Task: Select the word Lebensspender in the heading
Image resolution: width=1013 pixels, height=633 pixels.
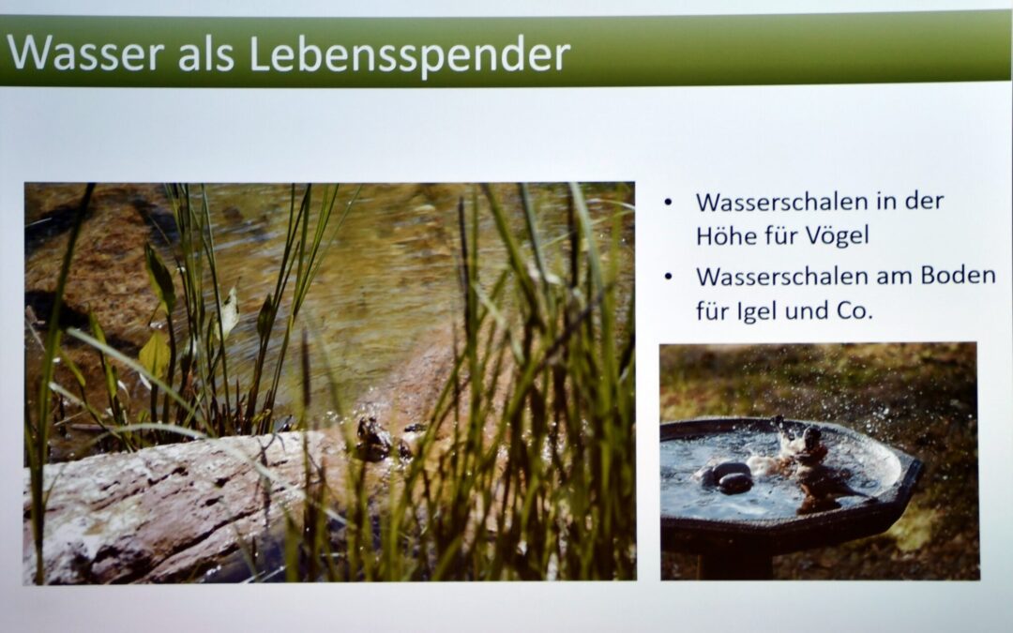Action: point(410,54)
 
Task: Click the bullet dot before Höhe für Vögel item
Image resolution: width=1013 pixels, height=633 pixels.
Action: point(668,203)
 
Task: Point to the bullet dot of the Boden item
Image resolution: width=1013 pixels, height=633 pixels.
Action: point(668,277)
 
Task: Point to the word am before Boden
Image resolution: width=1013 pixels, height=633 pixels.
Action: point(895,278)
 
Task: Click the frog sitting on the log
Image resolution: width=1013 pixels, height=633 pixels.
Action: point(373,438)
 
